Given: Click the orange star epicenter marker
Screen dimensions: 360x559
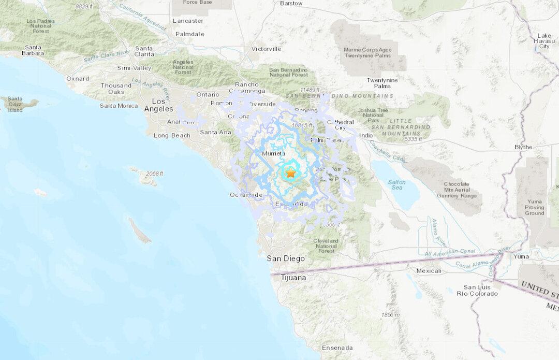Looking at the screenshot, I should point(290,174).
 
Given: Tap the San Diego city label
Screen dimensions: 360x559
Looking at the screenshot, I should point(286,258).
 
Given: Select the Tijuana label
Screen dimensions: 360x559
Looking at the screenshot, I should point(293,278).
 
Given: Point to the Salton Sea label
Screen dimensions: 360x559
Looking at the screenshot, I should point(397,185).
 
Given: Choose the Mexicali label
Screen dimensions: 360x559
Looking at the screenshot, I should point(429,270).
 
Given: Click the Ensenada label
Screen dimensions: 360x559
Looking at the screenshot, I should point(337,348).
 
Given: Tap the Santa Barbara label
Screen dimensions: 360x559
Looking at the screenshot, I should point(32,50).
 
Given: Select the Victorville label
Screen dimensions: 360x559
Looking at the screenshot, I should point(266,49).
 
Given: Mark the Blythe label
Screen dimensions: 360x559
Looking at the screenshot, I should point(523,147).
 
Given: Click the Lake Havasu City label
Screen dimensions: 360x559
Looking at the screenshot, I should point(544,40).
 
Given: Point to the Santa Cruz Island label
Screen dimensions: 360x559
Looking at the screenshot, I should point(15,105).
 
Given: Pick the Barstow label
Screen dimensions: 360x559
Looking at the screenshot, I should point(291,3).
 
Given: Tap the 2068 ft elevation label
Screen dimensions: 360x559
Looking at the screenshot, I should point(154,173).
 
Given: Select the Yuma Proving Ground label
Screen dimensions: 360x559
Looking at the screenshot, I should point(534,207).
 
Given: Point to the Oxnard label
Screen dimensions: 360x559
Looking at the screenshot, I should point(78,79).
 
